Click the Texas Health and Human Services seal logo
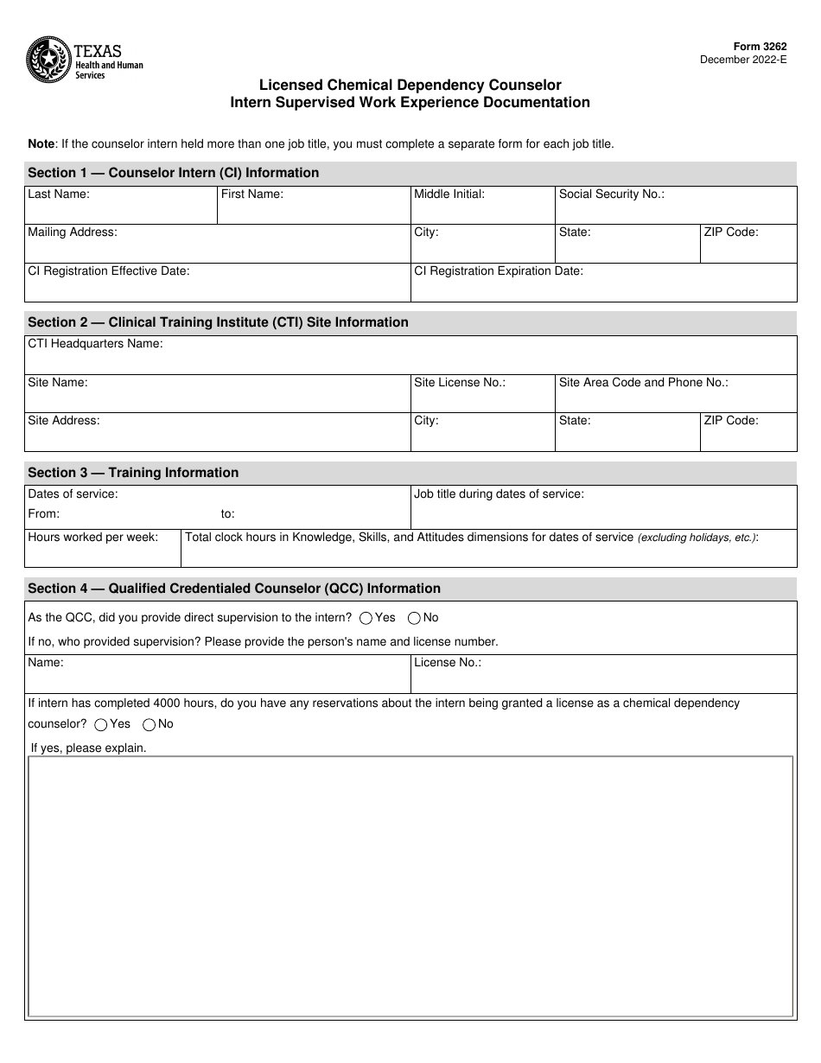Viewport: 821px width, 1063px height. click(48, 60)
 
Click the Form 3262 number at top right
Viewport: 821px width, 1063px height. click(763, 48)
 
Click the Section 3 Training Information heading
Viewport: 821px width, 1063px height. click(133, 473)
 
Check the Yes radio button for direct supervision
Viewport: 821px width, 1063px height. click(366, 618)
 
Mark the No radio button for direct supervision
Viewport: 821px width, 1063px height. click(414, 618)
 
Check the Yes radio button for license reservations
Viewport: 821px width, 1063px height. click(101, 724)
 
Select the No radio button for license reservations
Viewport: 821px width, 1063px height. click(149, 724)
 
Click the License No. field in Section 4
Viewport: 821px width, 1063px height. click(603, 676)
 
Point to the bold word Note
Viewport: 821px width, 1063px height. click(41, 144)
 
